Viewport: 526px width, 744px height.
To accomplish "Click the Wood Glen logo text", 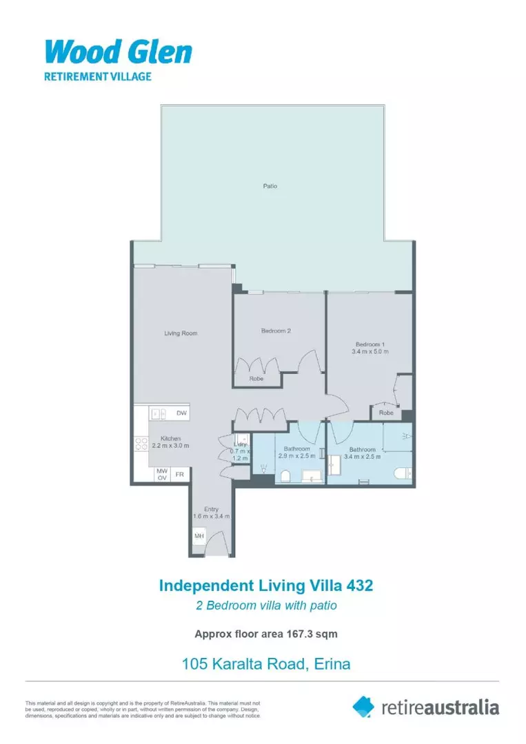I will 118,52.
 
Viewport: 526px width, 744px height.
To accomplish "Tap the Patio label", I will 270,186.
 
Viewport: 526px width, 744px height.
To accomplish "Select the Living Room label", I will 181,333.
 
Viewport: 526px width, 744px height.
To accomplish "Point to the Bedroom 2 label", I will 276,331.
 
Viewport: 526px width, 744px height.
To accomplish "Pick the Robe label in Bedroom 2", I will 255,379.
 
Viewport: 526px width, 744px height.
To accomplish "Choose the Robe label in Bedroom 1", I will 386,413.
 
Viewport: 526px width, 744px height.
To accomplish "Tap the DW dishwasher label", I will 181,413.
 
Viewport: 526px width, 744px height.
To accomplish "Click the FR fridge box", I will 179,475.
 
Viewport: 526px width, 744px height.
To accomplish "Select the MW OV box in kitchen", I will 162,475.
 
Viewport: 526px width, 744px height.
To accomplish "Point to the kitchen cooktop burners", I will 141,444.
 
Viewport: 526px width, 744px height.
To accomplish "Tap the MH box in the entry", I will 199,536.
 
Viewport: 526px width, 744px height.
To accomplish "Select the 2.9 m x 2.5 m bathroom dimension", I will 297,455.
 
